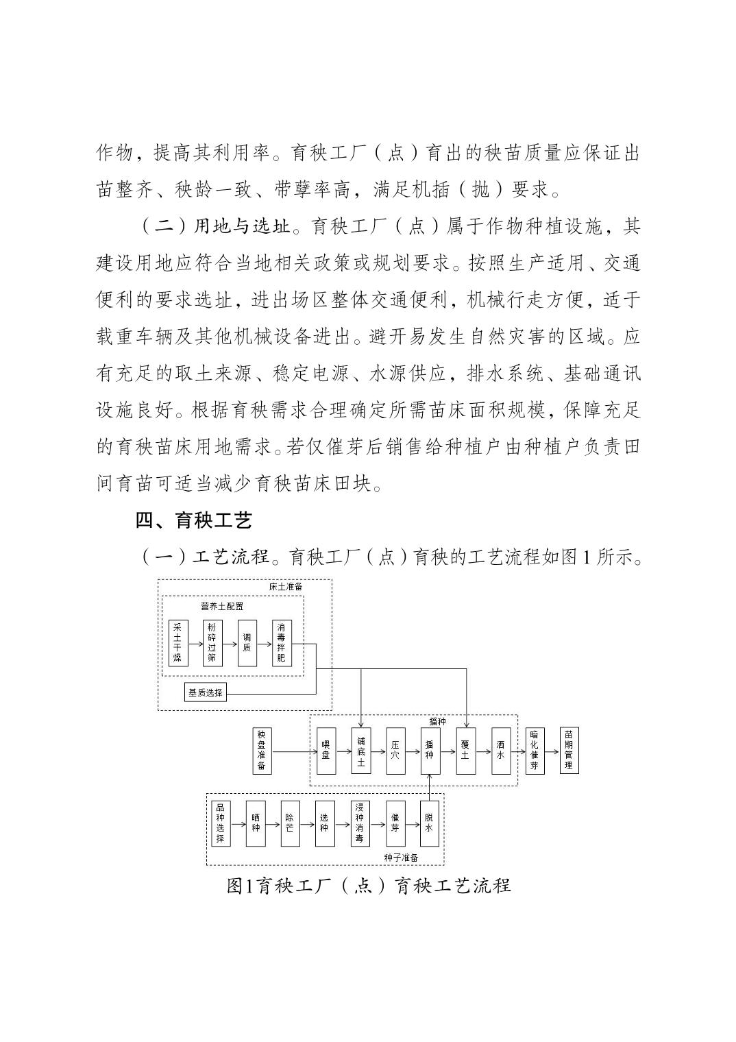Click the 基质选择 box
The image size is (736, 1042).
[206, 692]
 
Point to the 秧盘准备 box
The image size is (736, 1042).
[262, 751]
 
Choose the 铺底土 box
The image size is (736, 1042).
[361, 751]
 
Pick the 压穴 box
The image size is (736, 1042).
[395, 751]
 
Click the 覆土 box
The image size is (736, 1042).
[465, 751]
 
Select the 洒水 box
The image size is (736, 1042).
[500, 751]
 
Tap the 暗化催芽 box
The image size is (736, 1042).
[535, 751]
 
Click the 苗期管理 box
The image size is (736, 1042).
[569, 751]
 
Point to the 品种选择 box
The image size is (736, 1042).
[220, 823]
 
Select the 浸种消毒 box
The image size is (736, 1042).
[360, 823]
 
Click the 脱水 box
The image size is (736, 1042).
[430, 823]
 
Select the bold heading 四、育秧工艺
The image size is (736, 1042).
[194, 520]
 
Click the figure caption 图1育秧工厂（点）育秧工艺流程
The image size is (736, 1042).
[369, 885]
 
